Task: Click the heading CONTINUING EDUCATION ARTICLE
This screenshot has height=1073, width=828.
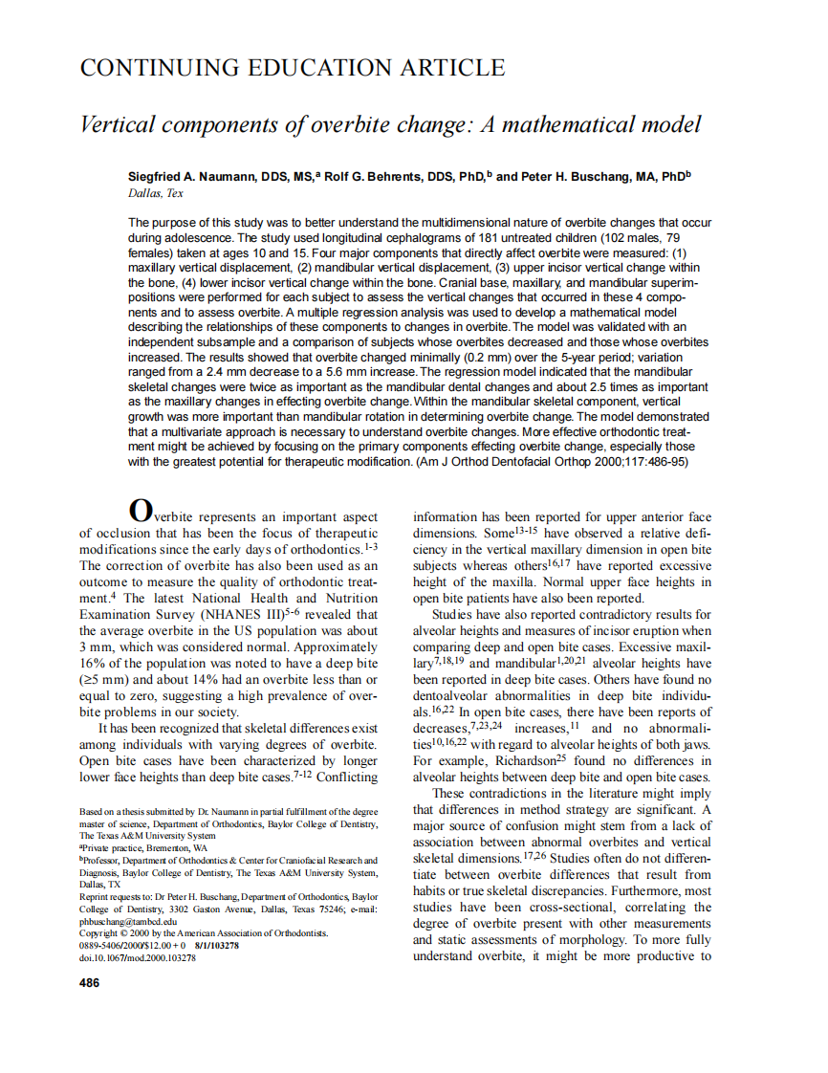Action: (292, 68)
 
